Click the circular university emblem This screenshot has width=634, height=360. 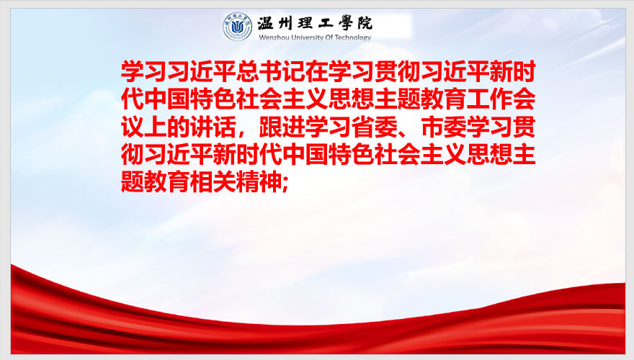pyautogui.click(x=237, y=26)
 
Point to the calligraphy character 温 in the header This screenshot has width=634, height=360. pyautogui.click(x=266, y=23)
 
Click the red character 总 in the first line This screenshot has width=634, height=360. pyautogui.click(x=247, y=71)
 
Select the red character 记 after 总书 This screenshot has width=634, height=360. pyautogui.click(x=293, y=71)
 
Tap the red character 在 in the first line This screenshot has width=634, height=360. pyautogui.click(x=316, y=71)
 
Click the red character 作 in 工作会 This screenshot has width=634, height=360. pyautogui.click(x=501, y=99)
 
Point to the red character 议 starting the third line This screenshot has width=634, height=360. pyautogui.click(x=133, y=127)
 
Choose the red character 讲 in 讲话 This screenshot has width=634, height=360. pyautogui.click(x=201, y=127)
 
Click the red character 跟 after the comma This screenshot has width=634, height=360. pyautogui.click(x=270, y=127)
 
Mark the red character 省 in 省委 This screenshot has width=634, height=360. pyautogui.click(x=362, y=127)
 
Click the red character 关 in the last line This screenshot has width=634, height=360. pyautogui.click(x=224, y=182)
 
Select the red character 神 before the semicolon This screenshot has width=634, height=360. pyautogui.click(x=270, y=182)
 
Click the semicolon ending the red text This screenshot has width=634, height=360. pyautogui.click(x=285, y=185)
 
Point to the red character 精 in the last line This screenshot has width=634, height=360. pyautogui.click(x=247, y=182)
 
